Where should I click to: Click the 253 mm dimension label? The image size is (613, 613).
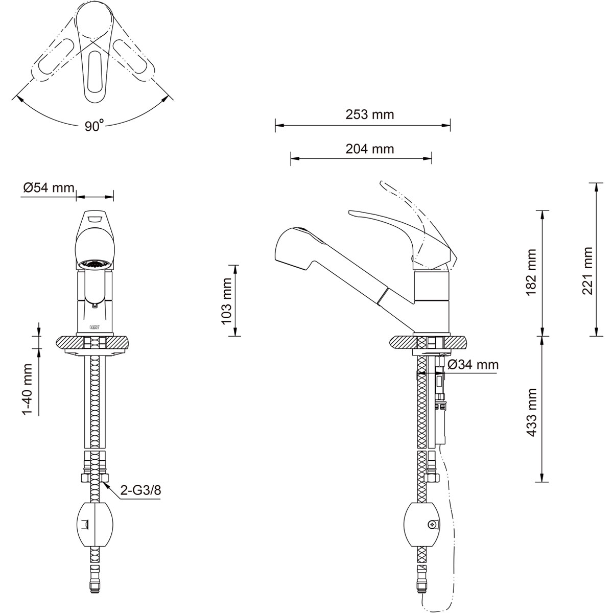pos(370,114)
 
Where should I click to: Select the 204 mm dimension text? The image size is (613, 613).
pos(370,149)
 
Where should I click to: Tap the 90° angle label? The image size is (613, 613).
pos(94,125)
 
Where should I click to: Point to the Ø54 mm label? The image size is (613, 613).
pos(49,187)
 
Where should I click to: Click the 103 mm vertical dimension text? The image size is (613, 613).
pos(227,300)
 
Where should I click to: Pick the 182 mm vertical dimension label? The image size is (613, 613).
pos(532,273)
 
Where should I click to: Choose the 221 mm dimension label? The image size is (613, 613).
pos(587,271)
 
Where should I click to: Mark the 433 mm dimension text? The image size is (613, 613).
pos(532,412)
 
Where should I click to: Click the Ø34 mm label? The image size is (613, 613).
pos(473,365)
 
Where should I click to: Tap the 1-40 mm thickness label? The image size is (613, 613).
pos(28,389)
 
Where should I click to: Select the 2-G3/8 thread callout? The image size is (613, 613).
pos(140,499)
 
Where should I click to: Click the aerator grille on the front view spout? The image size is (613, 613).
pos(95,264)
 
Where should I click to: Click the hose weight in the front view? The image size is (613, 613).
pos(95,528)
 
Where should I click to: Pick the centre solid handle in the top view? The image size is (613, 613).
pos(95,51)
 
